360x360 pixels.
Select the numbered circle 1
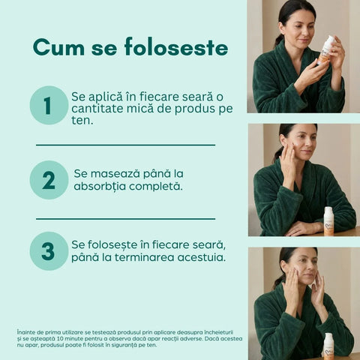[x=49, y=105]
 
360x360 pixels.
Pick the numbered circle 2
[x=49, y=180]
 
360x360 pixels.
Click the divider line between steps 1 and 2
[x=125, y=145]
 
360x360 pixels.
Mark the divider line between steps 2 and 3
[x=125, y=219]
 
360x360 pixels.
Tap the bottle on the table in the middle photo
[x=328, y=221]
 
